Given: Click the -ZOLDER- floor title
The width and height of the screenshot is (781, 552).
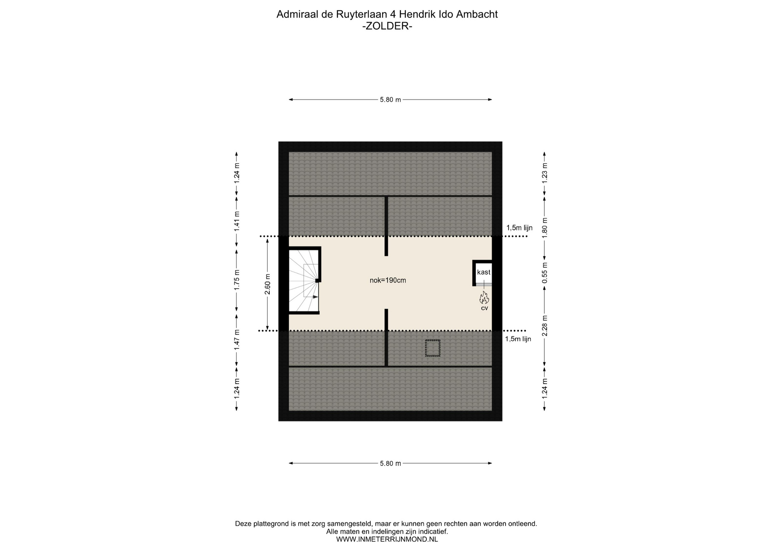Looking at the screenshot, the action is pyautogui.click(x=387, y=26).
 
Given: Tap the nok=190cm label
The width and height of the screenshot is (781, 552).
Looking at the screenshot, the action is pyautogui.click(x=388, y=280).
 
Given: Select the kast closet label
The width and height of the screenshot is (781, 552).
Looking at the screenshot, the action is pyautogui.click(x=484, y=272).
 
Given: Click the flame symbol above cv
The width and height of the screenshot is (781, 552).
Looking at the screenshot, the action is pyautogui.click(x=484, y=298).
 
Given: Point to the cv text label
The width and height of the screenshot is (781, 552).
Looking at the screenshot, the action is pyautogui.click(x=484, y=308).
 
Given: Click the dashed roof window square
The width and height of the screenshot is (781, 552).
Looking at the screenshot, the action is pyautogui.click(x=433, y=348).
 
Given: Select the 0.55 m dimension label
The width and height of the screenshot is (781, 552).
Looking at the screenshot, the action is pyautogui.click(x=545, y=273).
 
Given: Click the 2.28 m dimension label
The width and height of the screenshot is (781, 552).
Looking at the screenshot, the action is pyautogui.click(x=545, y=326).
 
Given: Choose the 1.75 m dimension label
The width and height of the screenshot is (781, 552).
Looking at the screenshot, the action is pyautogui.click(x=237, y=280).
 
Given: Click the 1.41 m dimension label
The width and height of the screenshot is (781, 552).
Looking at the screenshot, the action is pyautogui.click(x=237, y=222).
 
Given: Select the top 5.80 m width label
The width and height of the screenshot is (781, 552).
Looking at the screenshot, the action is pyautogui.click(x=390, y=100).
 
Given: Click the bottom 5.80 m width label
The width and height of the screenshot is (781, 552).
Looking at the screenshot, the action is pyautogui.click(x=390, y=463).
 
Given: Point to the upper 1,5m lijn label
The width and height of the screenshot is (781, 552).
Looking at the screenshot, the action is pyautogui.click(x=519, y=228).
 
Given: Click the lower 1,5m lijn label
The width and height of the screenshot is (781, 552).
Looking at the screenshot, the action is pyautogui.click(x=518, y=339).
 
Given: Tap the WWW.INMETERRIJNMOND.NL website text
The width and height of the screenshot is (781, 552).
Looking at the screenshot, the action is pyautogui.click(x=387, y=539).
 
